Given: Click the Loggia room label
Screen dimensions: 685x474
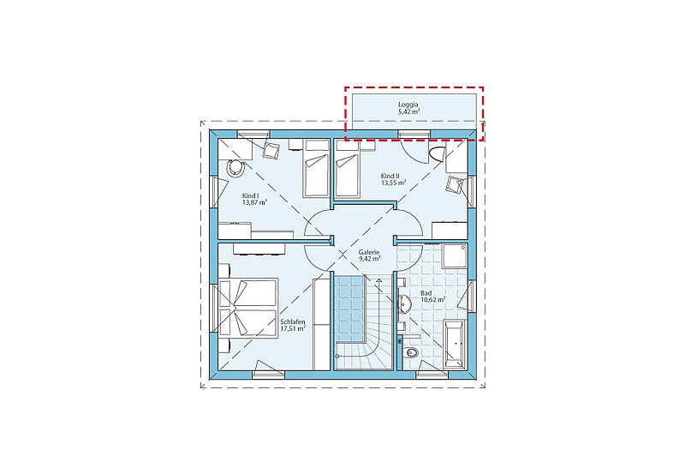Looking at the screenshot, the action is pos(408,105).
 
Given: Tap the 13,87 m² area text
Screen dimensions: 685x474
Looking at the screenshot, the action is pos(254,202).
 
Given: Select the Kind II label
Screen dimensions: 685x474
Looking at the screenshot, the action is pos(390,176).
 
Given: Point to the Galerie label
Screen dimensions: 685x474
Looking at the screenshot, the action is pos(369,252).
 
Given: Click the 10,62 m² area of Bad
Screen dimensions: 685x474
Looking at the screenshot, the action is pos(433,299).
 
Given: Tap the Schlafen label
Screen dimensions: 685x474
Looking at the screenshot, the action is pos(293,322).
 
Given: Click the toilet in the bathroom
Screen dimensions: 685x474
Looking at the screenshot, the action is pos(410,352).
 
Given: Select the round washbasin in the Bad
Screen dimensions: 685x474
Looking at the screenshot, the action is pos(404,302).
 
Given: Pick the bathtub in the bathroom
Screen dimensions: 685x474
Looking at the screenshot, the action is pos(455,342).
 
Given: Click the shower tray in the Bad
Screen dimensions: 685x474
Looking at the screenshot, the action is pos(455,255).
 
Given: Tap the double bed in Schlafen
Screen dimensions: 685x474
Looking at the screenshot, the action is pos(248,308).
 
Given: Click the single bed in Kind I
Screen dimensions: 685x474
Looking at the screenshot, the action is pos(316,168).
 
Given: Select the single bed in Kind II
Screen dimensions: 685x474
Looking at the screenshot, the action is pos(347,168).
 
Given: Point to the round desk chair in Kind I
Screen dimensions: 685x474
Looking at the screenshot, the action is pos(236,168).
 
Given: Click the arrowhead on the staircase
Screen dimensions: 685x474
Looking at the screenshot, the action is pos(378,279).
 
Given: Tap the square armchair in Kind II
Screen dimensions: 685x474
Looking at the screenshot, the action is pos(455,184).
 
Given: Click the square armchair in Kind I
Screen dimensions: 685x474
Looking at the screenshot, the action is pos(271,150).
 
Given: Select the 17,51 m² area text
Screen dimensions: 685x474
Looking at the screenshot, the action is pos(293,329).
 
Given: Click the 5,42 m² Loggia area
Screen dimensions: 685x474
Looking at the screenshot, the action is pos(409,111).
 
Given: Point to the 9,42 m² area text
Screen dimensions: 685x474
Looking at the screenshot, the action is pos(369,259).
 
